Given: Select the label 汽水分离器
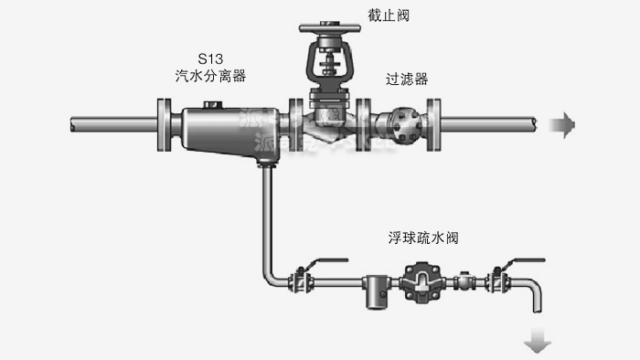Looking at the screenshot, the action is [211, 77].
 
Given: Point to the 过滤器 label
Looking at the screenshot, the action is [407, 79].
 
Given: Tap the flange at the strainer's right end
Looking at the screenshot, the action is [438, 123].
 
